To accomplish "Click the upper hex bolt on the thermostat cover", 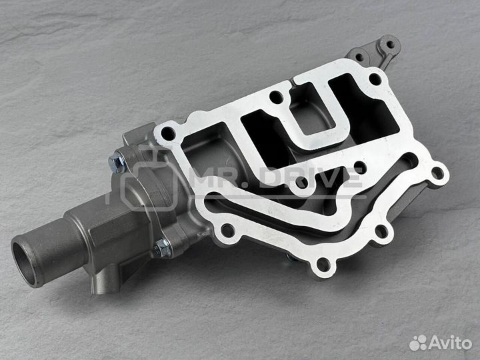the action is point(117,163).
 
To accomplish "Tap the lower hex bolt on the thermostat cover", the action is point(163,247).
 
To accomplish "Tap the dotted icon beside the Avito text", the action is point(418,343).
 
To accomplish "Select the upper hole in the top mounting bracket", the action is point(390,45).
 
